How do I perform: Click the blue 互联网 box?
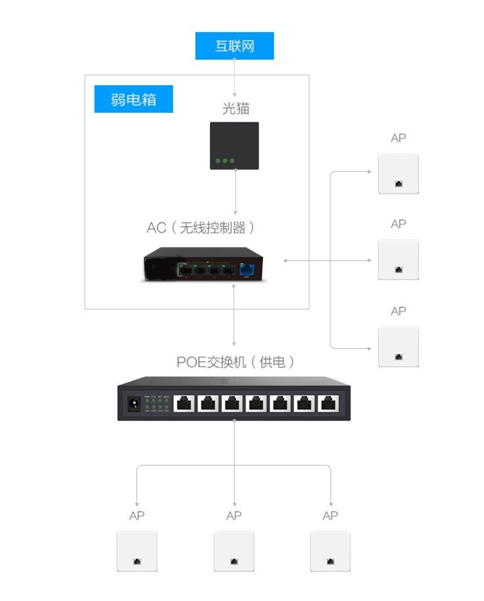click(x=234, y=46)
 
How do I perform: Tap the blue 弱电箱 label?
click(x=134, y=99)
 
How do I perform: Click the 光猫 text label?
click(x=234, y=108)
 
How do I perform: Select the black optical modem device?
click(x=234, y=145)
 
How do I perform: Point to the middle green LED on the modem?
click(x=225, y=161)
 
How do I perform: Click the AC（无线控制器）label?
click(x=201, y=228)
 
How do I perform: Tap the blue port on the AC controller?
click(x=246, y=270)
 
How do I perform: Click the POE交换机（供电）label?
click(x=235, y=362)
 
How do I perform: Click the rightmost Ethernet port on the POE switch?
click(x=328, y=403)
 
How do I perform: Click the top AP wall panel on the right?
click(x=398, y=174)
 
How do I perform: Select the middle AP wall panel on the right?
click(x=398, y=259)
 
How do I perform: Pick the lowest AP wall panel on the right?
click(x=398, y=346)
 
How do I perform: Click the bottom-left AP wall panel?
click(x=136, y=552)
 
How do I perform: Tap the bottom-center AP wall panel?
click(x=234, y=552)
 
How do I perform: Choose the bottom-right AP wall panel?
click(x=330, y=552)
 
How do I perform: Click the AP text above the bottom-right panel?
click(x=330, y=516)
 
